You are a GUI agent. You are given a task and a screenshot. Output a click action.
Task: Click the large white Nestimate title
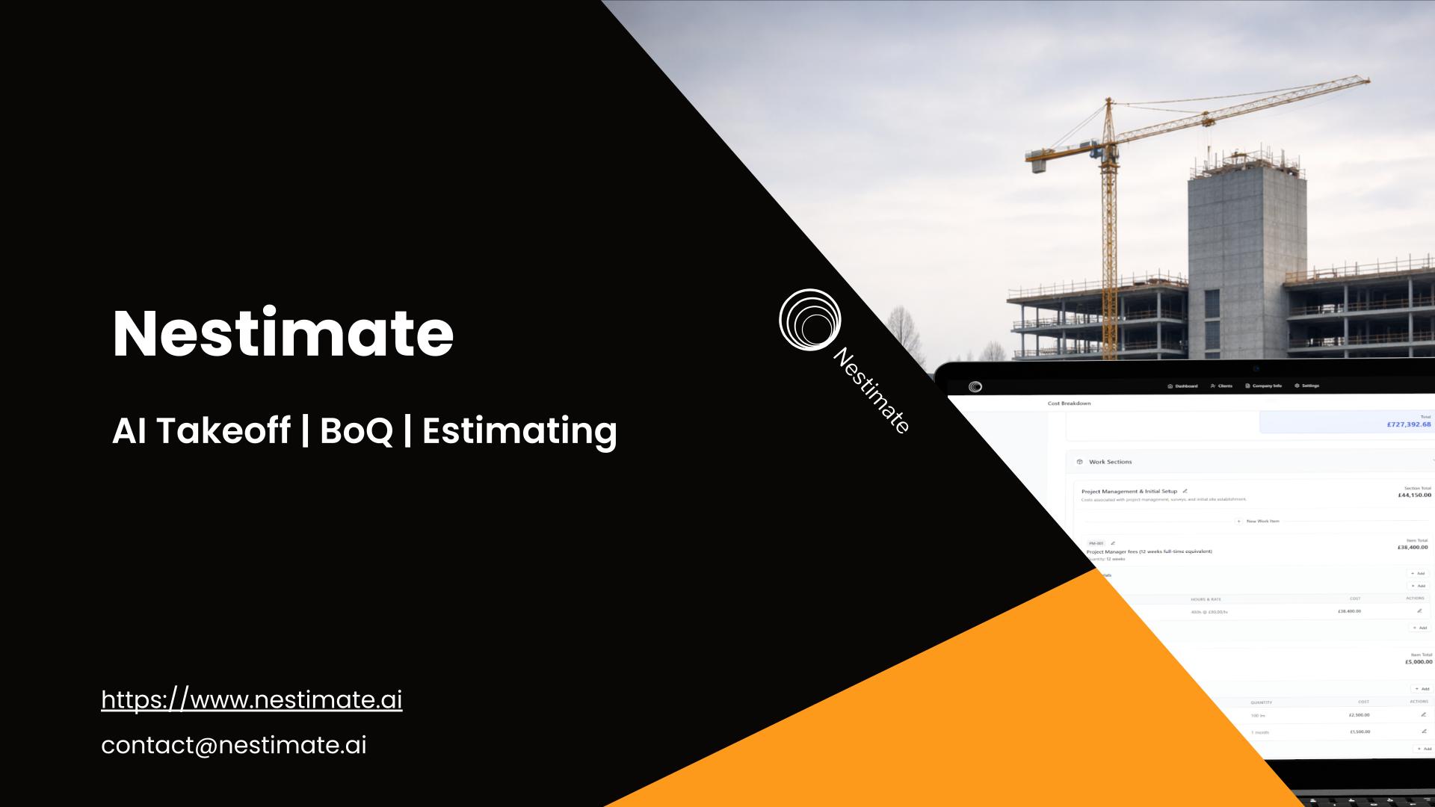pyautogui.click(x=283, y=333)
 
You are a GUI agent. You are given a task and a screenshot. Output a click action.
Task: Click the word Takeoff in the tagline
pyautogui.click(x=223, y=431)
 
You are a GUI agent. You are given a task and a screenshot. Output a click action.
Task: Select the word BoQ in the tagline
pyautogui.click(x=356, y=431)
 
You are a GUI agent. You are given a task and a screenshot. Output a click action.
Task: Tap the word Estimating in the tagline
pyautogui.click(x=519, y=431)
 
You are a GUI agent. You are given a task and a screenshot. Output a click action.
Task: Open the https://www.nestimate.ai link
pyautogui.click(x=251, y=699)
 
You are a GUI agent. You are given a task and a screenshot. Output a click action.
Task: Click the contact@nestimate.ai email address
pyautogui.click(x=233, y=745)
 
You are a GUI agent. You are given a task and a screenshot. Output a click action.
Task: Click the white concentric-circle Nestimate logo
pyautogui.click(x=809, y=320)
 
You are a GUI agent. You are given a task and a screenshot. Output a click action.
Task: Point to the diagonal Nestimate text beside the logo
pyautogui.click(x=871, y=389)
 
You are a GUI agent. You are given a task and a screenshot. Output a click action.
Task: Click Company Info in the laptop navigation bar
pyautogui.click(x=1264, y=386)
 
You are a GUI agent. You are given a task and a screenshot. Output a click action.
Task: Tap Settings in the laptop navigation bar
pyautogui.click(x=1307, y=386)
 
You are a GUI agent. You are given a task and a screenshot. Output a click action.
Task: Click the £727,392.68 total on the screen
pyautogui.click(x=1408, y=424)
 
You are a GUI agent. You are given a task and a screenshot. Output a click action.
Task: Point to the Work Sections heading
pyautogui.click(x=1110, y=462)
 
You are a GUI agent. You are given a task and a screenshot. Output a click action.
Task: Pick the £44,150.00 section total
pyautogui.click(x=1414, y=495)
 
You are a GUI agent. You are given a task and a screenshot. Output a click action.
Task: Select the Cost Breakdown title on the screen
pyautogui.click(x=1069, y=403)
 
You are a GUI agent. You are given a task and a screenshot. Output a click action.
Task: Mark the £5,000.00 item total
pyautogui.click(x=1418, y=662)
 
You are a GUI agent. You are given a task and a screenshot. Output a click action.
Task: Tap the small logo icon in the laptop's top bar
pyautogui.click(x=975, y=386)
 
